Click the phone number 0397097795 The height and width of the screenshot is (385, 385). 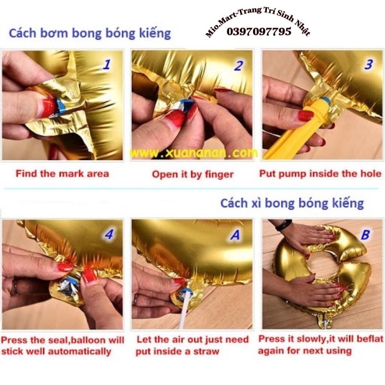click(259, 32)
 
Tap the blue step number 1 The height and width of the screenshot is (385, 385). click(106, 65)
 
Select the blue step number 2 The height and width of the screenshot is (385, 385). click(238, 65)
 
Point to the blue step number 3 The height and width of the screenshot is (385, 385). click(368, 64)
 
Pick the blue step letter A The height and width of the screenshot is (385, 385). click(235, 235)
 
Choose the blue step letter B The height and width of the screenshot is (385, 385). click(365, 235)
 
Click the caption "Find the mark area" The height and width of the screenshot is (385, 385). click(62, 174)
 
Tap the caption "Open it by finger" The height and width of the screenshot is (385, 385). click(192, 174)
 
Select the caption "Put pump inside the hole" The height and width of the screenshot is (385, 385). click(320, 174)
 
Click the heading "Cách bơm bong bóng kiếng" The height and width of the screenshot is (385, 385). click(90, 33)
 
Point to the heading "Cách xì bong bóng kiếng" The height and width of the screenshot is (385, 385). click(292, 203)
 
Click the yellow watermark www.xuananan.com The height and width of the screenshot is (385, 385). click(193, 153)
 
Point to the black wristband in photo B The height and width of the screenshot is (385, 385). click(283, 225)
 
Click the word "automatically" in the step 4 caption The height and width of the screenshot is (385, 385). click(79, 352)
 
